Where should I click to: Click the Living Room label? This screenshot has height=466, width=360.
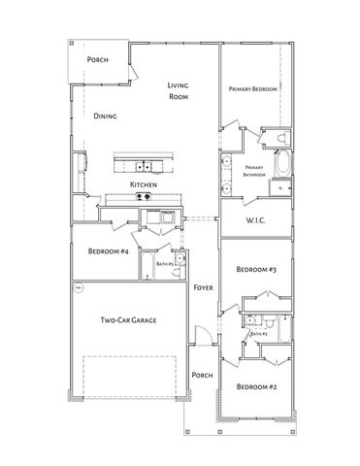click(178, 91)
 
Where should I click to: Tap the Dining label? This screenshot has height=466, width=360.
click(106, 116)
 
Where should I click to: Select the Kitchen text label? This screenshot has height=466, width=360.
click(144, 184)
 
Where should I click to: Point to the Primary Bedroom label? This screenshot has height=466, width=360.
click(252, 89)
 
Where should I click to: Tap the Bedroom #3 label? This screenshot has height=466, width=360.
click(257, 269)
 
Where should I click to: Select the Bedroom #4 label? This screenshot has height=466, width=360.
click(109, 252)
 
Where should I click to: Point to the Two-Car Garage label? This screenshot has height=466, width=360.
click(129, 319)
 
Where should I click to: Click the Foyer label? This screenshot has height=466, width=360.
click(202, 288)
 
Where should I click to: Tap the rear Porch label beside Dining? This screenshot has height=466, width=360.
click(97, 60)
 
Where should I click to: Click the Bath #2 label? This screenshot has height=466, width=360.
click(258, 334)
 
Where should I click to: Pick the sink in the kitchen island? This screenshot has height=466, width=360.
click(143, 164)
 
